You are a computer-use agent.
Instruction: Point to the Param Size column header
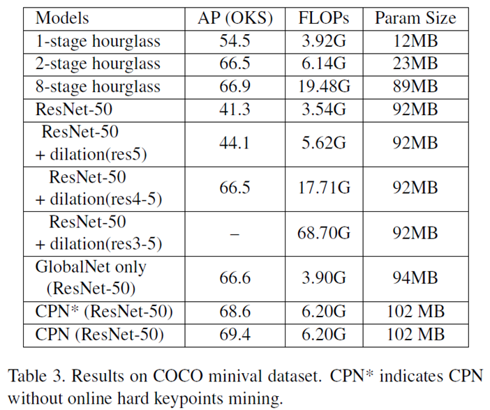click(416, 18)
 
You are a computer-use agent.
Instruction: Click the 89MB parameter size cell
click(416, 86)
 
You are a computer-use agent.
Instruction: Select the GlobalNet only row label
click(91, 268)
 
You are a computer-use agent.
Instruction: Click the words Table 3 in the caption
click(35, 377)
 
